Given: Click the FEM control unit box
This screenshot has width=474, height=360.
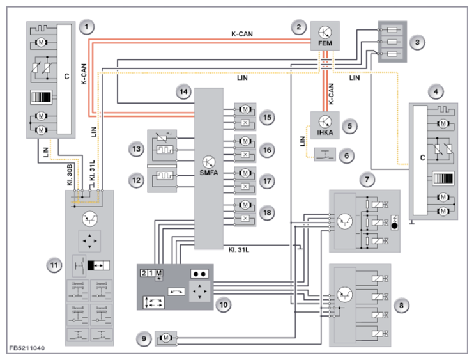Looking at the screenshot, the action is [x=325, y=36].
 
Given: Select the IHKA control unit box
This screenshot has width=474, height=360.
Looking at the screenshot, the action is [x=325, y=125].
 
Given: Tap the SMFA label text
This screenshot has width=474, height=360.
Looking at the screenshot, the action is [x=209, y=173].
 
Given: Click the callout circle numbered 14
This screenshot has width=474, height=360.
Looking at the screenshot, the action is [x=184, y=91].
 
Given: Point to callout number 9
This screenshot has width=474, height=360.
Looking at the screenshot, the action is [x=144, y=338].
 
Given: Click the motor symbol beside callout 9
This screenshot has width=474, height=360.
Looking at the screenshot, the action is [x=165, y=338].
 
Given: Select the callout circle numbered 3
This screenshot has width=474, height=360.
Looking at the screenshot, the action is [x=418, y=42].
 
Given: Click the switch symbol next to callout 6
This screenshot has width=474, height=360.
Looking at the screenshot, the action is [x=325, y=155].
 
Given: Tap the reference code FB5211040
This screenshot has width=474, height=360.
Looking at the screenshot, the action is [x=27, y=348].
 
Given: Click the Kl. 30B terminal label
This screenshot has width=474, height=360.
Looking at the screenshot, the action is [x=70, y=175].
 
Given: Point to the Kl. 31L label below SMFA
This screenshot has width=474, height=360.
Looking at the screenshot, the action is [x=239, y=250].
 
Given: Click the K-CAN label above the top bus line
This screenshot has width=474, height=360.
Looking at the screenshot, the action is [x=242, y=34].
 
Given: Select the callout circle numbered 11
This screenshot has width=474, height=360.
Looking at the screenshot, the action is [x=54, y=265].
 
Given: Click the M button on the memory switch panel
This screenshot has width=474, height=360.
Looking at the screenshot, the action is [x=158, y=273].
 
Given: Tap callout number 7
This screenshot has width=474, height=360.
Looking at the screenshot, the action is [x=367, y=180].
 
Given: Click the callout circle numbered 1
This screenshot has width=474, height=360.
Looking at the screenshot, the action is [x=86, y=27].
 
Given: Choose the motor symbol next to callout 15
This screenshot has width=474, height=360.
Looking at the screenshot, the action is [x=245, y=109].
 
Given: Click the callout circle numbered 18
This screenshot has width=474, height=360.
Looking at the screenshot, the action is [x=267, y=213].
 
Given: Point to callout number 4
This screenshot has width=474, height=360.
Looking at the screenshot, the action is [x=436, y=91].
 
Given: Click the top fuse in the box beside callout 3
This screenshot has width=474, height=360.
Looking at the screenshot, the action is [x=392, y=29].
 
